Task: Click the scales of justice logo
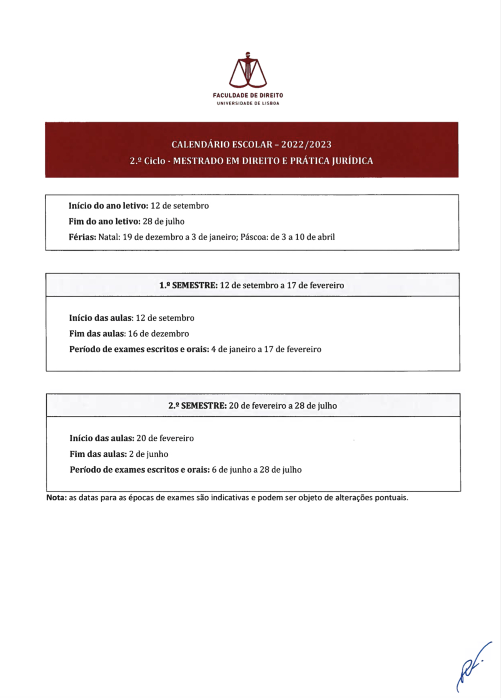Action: pos(248,71)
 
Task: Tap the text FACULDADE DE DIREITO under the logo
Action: pos(248,95)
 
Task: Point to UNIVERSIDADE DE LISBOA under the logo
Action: pos(248,103)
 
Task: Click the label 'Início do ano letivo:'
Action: pos(108,206)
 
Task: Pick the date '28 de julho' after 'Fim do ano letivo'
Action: pos(163,221)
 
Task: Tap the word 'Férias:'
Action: pos(82,237)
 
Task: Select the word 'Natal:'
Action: pos(109,237)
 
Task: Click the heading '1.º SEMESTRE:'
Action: pos(188,285)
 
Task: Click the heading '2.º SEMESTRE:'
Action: pos(197,406)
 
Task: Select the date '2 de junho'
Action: pos(148,454)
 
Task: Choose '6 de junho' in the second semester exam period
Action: pos(231,470)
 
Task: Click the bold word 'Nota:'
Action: pos(56,498)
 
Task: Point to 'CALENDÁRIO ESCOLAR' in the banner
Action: pos(222,144)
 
